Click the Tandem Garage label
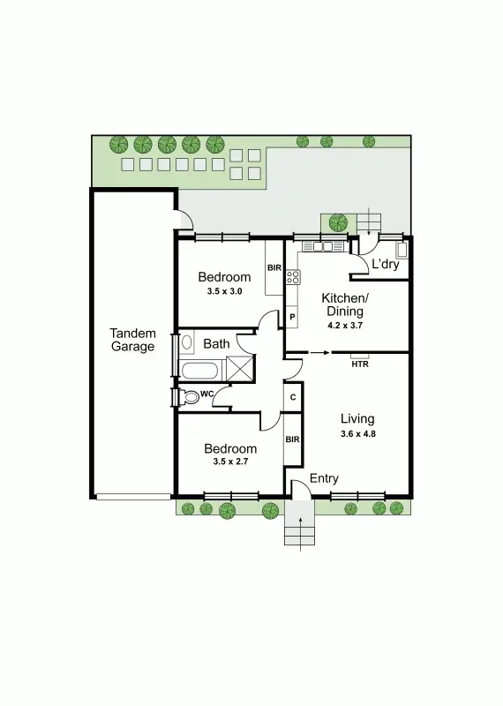coord(132,340)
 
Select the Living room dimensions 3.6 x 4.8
coord(357,434)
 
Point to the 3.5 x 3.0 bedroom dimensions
coord(224,291)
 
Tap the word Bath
coord(216,343)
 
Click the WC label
coord(207,393)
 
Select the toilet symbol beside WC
coord(189,396)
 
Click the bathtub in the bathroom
coord(202,369)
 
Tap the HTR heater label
coord(360,364)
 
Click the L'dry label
coord(385,264)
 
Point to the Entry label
coord(323,478)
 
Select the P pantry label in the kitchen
coord(292,317)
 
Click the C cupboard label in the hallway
coord(293,397)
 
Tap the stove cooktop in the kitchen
coord(292,278)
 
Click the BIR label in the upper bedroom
coord(274,267)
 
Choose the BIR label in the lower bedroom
coord(292,439)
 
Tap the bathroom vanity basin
coord(186,343)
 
